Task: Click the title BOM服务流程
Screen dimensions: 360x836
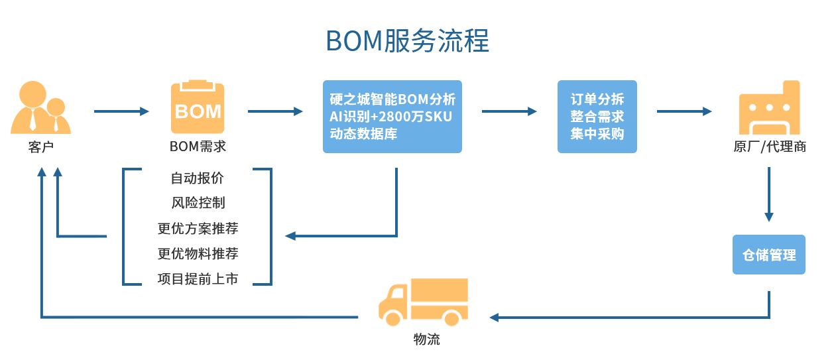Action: [407, 41]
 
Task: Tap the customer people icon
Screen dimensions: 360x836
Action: [40, 107]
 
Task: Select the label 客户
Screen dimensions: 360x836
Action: [41, 147]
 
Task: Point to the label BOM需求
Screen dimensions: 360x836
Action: [198, 147]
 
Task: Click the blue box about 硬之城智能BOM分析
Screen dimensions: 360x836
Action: [392, 117]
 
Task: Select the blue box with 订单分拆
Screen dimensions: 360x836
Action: [597, 117]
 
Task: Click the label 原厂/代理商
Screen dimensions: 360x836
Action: [769, 147]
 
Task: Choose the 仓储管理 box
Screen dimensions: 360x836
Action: [768, 255]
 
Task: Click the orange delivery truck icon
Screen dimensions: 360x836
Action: [423, 302]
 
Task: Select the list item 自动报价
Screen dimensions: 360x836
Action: [198, 178]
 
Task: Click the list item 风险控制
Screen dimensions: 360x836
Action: [198, 203]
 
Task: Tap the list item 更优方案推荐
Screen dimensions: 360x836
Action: [198, 229]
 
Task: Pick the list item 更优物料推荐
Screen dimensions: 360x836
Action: [198, 254]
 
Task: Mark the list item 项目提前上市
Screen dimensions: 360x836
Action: [198, 279]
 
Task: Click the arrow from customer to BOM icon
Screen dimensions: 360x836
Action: [121, 111]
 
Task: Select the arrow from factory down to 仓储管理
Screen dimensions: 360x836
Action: [769, 194]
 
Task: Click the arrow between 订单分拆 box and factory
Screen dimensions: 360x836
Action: [684, 111]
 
